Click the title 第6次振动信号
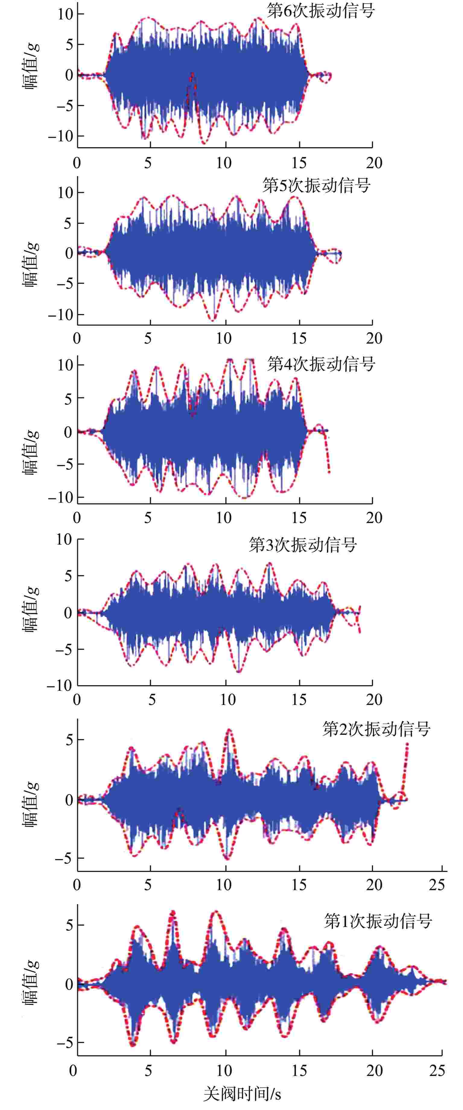(320, 11)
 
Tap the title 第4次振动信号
(321, 364)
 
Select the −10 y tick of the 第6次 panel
(60, 136)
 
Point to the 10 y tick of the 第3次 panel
(64, 539)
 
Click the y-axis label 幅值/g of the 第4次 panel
(30, 452)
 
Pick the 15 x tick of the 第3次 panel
(299, 699)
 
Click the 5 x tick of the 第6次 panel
(148, 163)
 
